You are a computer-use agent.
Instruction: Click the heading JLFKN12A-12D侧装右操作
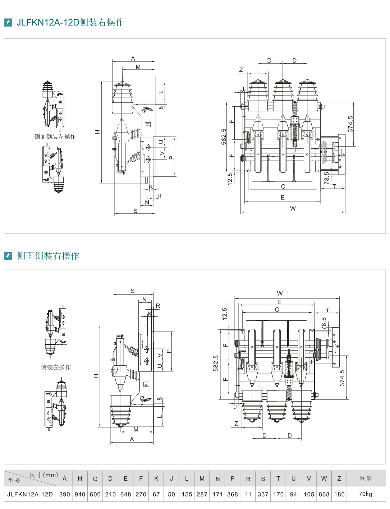click(x=70, y=23)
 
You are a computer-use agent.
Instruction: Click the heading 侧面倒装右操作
click(x=48, y=256)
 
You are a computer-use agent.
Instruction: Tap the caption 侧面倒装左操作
click(x=55, y=136)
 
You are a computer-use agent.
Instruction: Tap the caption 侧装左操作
click(x=56, y=367)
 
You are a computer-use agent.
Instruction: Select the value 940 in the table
click(x=80, y=494)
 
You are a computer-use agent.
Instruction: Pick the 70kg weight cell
click(x=365, y=494)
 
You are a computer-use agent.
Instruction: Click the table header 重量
click(x=365, y=478)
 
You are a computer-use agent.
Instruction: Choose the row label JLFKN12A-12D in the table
click(x=30, y=494)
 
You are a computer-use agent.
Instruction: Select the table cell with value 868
click(x=324, y=494)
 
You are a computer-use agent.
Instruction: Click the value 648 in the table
click(x=125, y=494)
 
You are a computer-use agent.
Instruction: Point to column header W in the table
click(x=324, y=478)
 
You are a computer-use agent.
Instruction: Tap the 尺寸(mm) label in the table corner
click(x=43, y=475)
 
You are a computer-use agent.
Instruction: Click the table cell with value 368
click(x=233, y=494)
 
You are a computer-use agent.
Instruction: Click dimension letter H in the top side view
click(x=97, y=132)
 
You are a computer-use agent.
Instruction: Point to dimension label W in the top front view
click(x=293, y=208)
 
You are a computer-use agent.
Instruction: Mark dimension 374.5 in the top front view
click(x=350, y=124)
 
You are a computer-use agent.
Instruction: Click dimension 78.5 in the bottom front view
click(x=324, y=323)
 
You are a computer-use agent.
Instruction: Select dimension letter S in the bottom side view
click(x=133, y=291)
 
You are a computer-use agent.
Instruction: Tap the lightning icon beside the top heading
click(x=8, y=23)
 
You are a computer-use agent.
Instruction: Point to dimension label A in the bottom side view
click(x=132, y=439)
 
